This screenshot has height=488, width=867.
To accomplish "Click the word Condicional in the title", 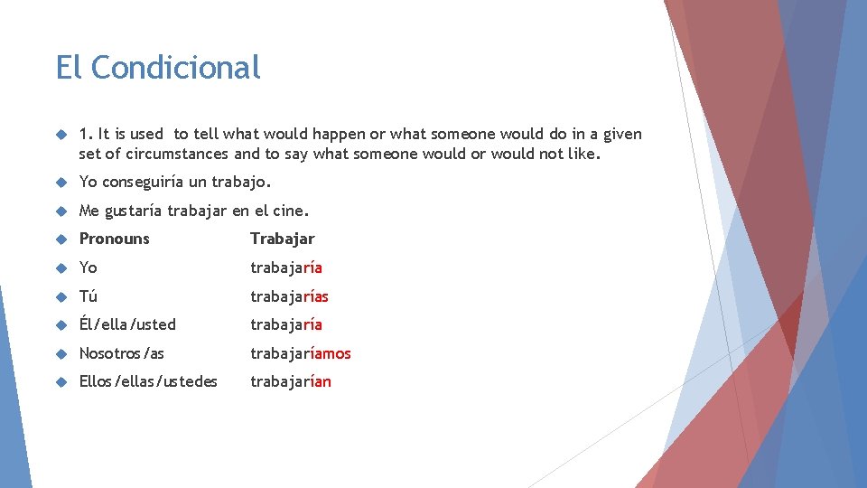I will coord(175,68).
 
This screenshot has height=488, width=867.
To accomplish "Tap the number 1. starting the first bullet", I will coord(86,135).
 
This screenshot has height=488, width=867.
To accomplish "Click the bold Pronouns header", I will coord(115,239).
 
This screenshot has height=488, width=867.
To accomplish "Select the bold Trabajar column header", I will coord(283,239).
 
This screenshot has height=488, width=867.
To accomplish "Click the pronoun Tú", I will coord(89,296).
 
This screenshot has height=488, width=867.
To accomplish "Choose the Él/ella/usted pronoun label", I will coord(127,324).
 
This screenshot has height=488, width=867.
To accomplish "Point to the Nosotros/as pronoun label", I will coord(122,353).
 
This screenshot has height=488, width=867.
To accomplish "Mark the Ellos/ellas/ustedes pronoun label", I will coord(148,381).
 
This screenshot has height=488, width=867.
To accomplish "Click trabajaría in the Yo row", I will coord(286,268).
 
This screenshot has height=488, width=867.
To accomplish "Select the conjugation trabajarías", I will coord(290,296).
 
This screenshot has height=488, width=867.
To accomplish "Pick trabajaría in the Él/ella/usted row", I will coord(286,324).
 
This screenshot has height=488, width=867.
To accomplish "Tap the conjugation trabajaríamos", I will coord(301,353).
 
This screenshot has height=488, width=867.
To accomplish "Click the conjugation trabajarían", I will coord(291,381).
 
